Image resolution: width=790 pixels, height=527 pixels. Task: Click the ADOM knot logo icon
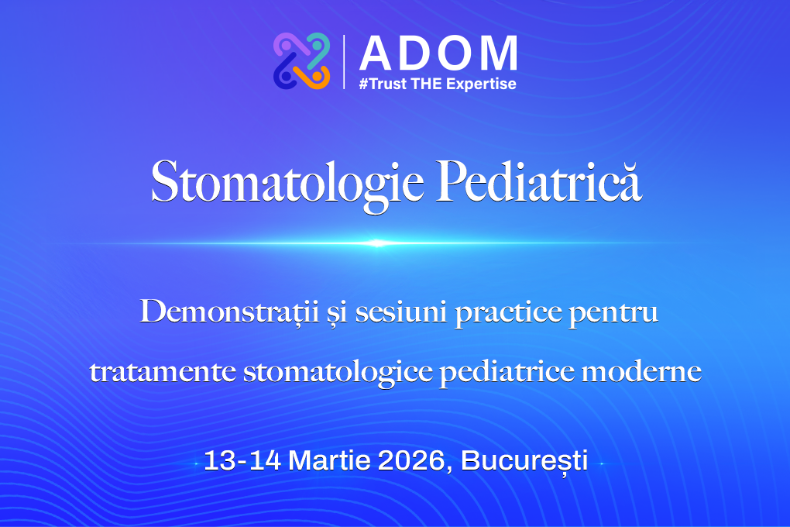coord(301,60)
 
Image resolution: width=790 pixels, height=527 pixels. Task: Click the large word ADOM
coord(438,53)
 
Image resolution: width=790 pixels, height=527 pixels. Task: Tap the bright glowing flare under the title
coord(377,243)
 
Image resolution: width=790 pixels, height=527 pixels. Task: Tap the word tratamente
coord(161,372)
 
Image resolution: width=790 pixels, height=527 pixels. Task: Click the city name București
coord(524,461)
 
